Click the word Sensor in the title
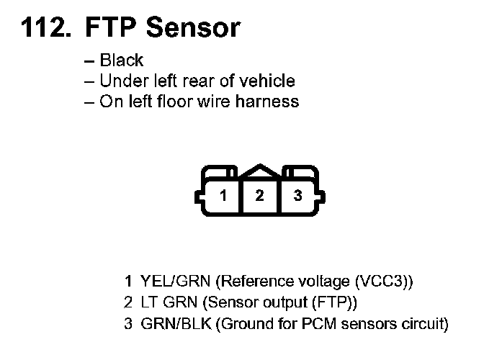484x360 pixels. pos(193,28)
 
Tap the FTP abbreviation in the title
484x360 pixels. pos(112,28)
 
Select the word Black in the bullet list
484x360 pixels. pos(122,61)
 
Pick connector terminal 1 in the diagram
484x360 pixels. pos(224,196)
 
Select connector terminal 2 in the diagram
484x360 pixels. pos(260,196)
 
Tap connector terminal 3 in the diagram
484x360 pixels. pos(297,196)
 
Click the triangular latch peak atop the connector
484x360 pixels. pos(260,171)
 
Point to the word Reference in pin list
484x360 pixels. pos(251,280)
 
